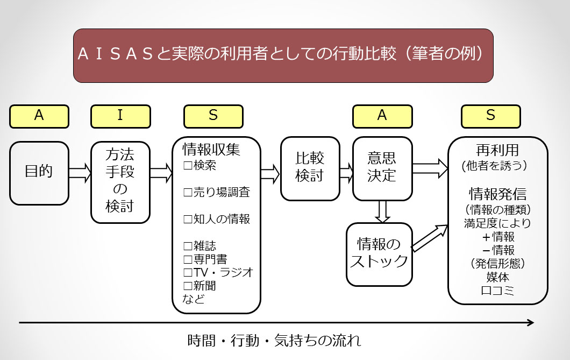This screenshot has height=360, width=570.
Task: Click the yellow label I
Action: click(x=120, y=116)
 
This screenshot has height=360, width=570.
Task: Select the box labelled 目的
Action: click(x=39, y=173)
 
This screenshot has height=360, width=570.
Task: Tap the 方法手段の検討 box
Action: click(x=120, y=181)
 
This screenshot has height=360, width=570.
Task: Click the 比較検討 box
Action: click(x=310, y=167)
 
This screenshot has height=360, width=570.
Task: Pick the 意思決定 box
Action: click(x=382, y=167)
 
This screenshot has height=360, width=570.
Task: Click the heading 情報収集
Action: click(x=208, y=148)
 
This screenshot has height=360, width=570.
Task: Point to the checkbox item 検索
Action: click(x=200, y=165)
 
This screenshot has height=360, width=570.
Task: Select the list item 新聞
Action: click(x=200, y=286)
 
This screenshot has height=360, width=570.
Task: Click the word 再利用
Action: click(x=497, y=150)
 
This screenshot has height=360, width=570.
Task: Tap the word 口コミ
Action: click(x=497, y=291)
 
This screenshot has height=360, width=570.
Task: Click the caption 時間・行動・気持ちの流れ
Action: click(x=274, y=341)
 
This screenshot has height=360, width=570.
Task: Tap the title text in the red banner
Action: click(x=283, y=55)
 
